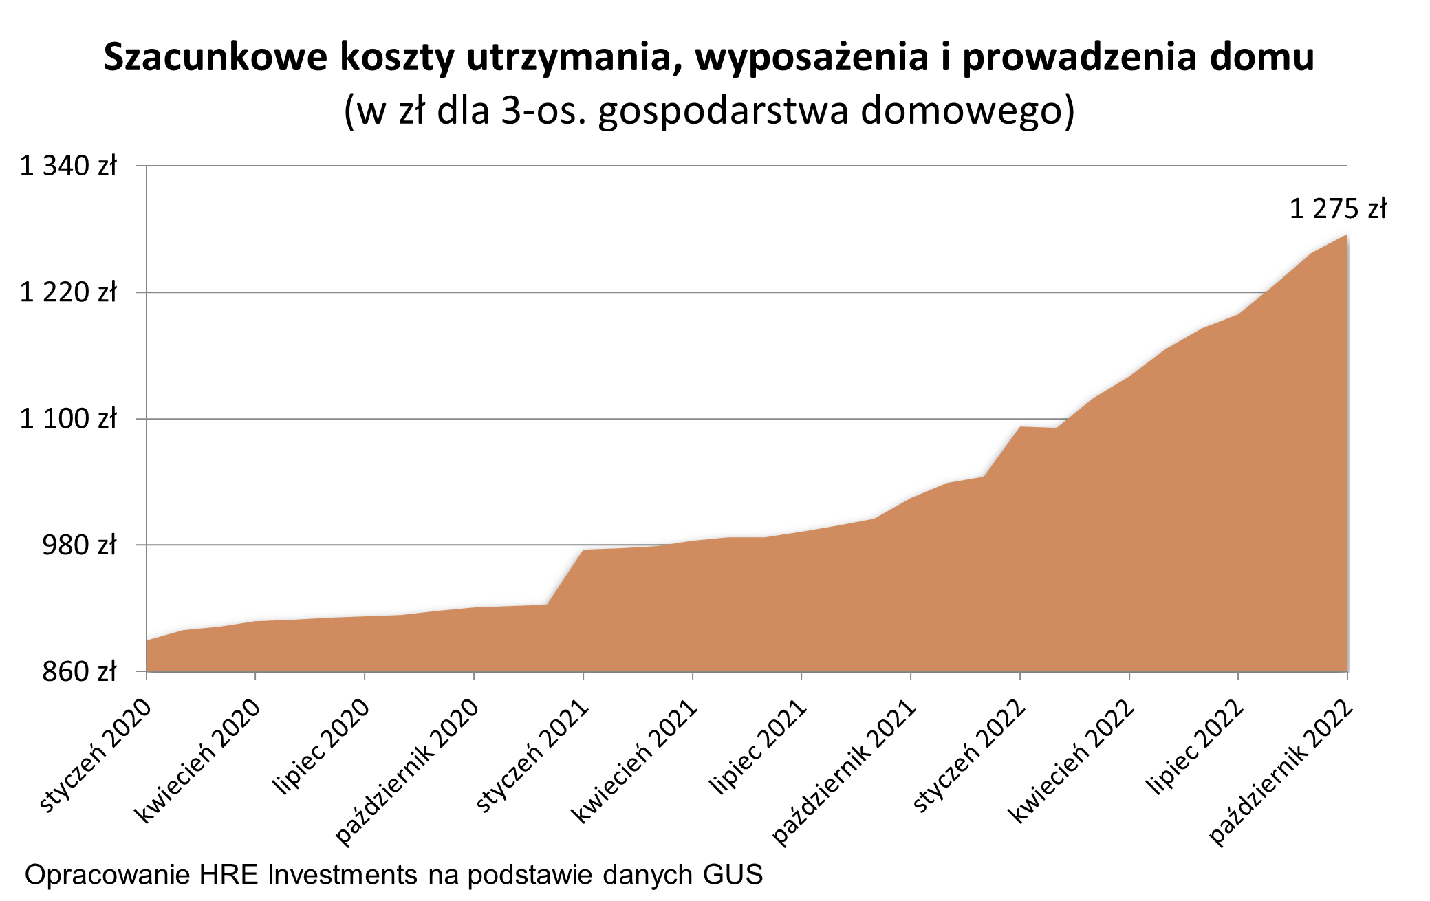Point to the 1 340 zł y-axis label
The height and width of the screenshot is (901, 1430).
point(68,166)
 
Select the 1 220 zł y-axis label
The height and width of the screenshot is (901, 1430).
point(68,293)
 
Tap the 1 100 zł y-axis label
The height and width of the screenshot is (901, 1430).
point(68,419)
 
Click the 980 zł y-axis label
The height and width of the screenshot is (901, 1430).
point(78,545)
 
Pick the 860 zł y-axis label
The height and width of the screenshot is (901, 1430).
point(78,672)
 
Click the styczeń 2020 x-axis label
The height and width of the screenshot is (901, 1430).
point(95,756)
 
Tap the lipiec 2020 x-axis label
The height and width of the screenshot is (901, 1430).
point(321,747)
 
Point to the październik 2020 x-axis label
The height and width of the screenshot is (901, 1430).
point(407,772)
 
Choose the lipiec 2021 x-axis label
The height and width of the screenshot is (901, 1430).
point(758,747)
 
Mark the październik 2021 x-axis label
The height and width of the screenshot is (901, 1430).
point(844,772)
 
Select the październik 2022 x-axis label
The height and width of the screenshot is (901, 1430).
point(1281,772)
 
